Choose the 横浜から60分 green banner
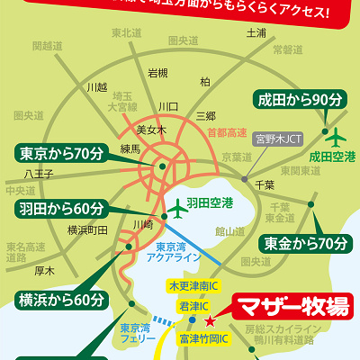click(60, 299)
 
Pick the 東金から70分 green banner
click(305, 242)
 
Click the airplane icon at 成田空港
click(337, 138)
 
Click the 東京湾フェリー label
click(131, 335)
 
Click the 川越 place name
click(96, 87)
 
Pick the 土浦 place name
click(255, 33)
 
